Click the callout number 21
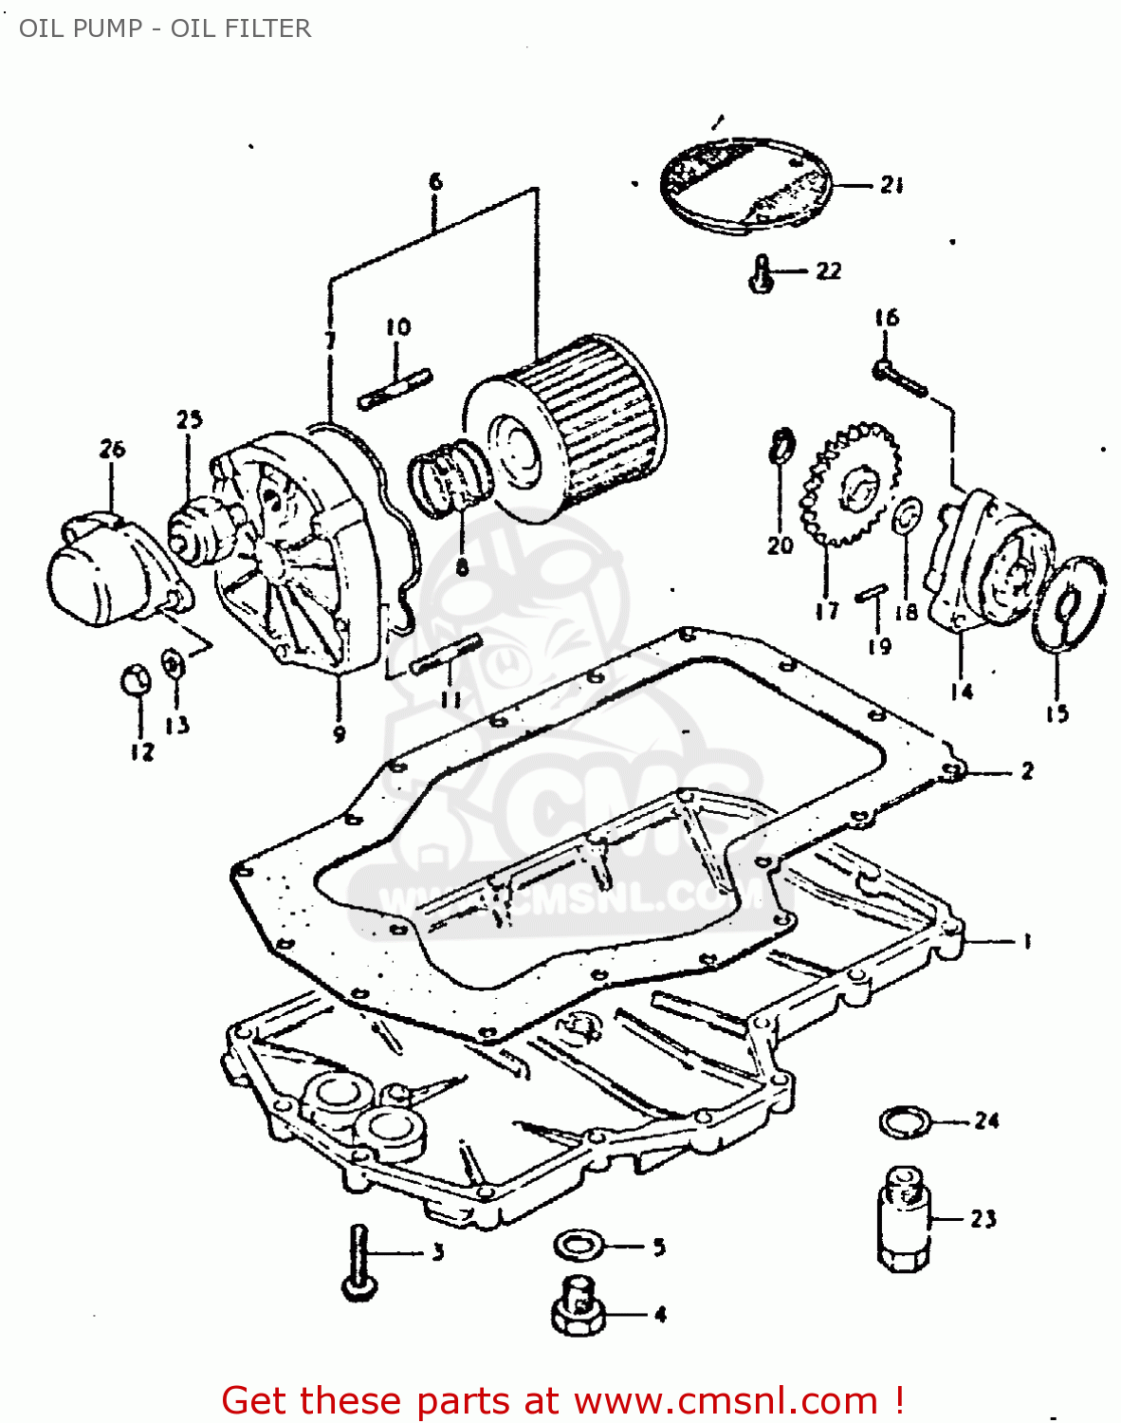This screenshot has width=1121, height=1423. click(891, 185)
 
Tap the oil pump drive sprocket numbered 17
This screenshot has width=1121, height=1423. click(851, 486)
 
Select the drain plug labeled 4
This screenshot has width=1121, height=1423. click(577, 1308)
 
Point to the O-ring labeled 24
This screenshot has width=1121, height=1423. click(904, 1121)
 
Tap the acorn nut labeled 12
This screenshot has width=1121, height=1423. click(137, 679)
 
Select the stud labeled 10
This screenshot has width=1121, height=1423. click(395, 389)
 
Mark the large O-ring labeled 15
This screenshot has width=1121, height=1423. click(1070, 604)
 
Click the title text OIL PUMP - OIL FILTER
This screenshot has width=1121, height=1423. click(165, 28)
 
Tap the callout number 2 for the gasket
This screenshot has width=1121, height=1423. click(1027, 771)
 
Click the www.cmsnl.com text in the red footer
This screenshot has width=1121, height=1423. click(726, 1400)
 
